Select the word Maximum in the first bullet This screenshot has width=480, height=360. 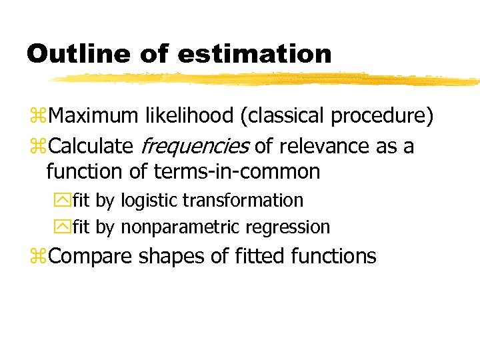coord(94,117)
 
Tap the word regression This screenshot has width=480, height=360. coord(288,227)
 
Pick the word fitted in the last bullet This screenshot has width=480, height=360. coord(251,255)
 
